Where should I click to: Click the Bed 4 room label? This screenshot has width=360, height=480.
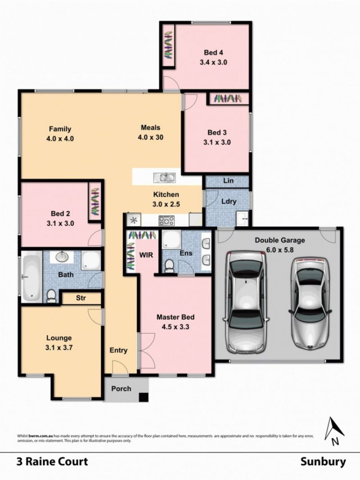coord(213,53)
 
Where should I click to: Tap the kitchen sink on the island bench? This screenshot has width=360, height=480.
coord(164,177)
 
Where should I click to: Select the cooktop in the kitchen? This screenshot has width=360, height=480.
coord(166,220)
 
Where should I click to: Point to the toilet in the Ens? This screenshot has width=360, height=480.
coord(169,266)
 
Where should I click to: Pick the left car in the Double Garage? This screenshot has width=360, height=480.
coord(246,302)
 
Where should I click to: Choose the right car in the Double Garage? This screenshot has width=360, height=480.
coord(310,303)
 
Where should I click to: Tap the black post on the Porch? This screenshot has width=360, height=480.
coord(144,397)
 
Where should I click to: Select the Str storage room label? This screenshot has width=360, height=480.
coord(81,298)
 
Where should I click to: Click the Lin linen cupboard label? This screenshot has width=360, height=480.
coord(228,181)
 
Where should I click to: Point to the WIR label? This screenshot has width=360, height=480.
coord(146,255)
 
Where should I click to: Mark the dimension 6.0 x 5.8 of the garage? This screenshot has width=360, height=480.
coord(279,250)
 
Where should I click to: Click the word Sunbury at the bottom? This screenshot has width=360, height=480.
coord(323,462)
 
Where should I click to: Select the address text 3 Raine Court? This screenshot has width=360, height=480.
coord(52,462)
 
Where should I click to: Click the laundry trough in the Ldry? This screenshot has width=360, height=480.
coord(243,218)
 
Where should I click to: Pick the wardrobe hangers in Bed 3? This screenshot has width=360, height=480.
coord(228,99)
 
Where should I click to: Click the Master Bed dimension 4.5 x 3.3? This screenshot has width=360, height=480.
coord(175,327)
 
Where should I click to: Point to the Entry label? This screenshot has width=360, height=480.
coord(118,350)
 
